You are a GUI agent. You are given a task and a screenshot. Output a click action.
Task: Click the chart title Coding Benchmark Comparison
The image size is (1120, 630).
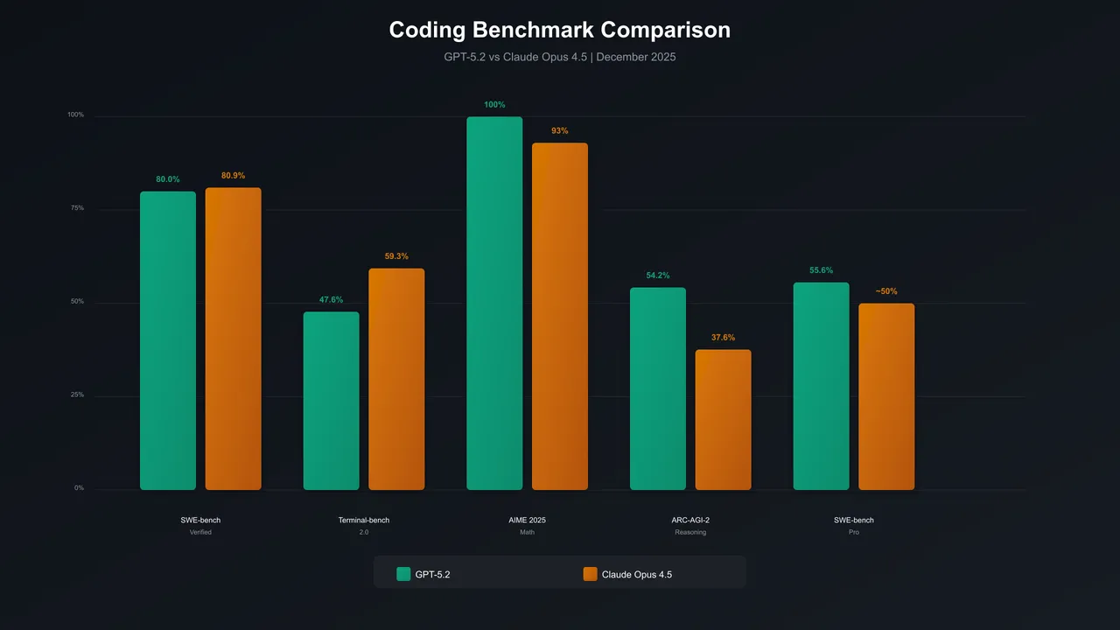[x=559, y=30]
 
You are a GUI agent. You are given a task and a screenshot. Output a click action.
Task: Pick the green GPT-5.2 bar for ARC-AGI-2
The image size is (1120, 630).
[x=658, y=388]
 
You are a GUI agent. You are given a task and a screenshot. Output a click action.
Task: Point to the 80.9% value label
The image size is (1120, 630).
[x=234, y=176]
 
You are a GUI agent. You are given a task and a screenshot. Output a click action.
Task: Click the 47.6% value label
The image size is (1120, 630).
[x=331, y=300]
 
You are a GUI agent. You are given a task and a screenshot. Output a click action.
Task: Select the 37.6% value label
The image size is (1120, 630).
[x=723, y=338]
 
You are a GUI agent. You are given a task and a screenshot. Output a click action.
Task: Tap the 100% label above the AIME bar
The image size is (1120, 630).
[x=494, y=105]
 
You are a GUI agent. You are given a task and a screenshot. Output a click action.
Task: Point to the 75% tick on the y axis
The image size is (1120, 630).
[x=77, y=208]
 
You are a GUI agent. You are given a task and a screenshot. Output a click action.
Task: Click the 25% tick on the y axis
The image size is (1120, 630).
[x=77, y=395]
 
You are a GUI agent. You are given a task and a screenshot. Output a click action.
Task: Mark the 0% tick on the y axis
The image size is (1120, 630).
[x=79, y=488]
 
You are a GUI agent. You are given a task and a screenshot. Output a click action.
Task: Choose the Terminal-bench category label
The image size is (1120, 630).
[x=364, y=521]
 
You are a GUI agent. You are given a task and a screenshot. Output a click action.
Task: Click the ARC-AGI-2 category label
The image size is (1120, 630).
[x=690, y=521]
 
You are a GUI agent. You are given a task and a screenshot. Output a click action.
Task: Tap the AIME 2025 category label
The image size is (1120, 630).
[x=527, y=521]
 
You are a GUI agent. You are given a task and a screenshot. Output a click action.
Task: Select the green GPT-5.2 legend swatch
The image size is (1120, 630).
[x=403, y=574]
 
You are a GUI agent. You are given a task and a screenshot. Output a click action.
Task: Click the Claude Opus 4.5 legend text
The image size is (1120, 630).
[x=637, y=575]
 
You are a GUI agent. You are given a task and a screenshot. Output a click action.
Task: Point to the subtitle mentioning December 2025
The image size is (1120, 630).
[x=559, y=57]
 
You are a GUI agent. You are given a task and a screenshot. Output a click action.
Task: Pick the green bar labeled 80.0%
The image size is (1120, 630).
[x=168, y=340]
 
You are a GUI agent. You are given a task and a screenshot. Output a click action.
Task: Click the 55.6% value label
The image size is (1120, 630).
[x=821, y=270]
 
